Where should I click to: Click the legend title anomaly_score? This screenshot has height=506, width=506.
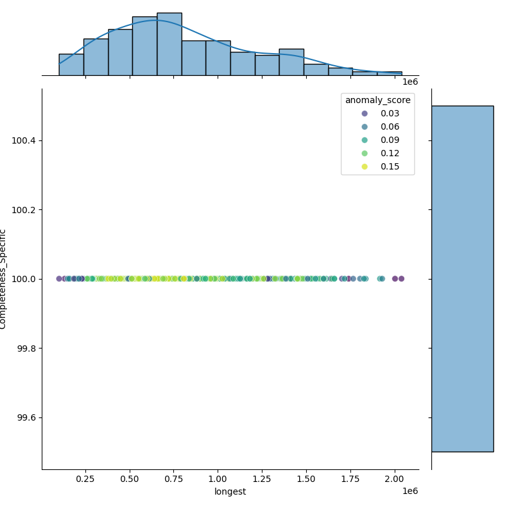378,100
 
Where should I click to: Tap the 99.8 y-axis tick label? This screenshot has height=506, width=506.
26,349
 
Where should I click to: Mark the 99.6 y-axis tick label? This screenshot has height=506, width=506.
26,417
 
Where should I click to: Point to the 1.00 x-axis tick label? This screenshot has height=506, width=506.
218,479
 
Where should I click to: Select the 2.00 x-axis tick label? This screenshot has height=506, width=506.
395,479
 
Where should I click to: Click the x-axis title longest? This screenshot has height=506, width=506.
230,491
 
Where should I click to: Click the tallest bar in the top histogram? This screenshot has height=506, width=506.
169,44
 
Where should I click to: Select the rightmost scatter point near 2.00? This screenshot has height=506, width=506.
401,279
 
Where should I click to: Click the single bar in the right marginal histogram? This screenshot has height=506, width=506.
462,278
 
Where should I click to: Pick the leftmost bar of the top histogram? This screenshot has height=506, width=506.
71,65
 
